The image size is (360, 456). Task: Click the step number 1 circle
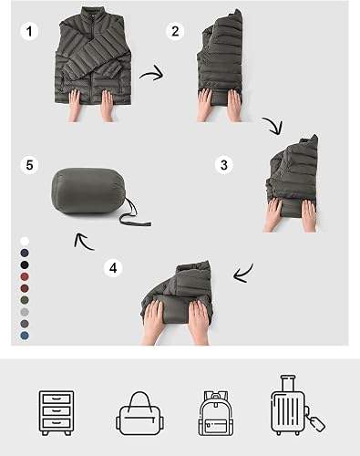click(29, 31)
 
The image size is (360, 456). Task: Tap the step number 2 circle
click(175, 31)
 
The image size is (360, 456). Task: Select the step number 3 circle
click(224, 165)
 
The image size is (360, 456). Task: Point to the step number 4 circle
click(113, 268)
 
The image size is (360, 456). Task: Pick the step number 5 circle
click(29, 165)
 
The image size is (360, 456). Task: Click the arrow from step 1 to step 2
click(153, 74)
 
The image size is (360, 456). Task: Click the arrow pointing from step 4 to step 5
click(84, 243)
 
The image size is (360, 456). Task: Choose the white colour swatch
click(25, 242)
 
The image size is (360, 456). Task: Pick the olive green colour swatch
click(25, 300)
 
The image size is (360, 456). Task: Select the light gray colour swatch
click(25, 312)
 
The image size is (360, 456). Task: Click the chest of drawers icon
click(57, 413)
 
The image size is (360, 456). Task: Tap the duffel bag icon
click(139, 413)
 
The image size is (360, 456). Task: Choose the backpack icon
click(216, 413)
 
